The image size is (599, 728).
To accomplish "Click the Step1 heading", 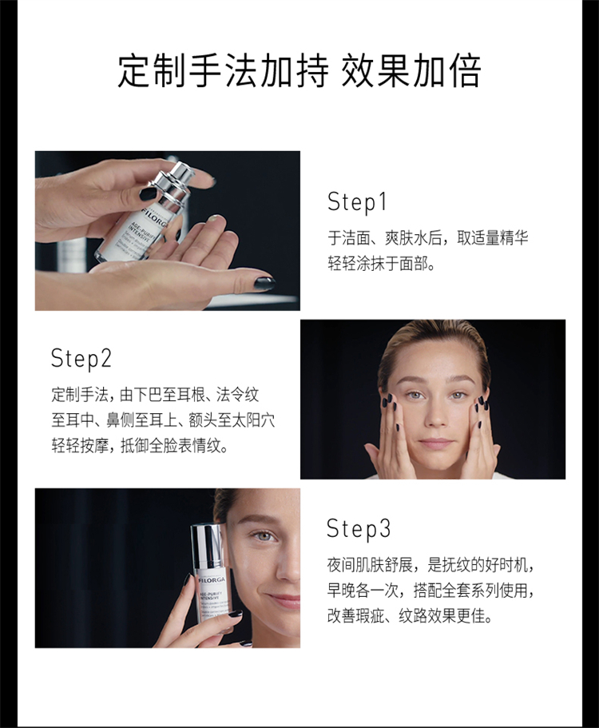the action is coord(357,202).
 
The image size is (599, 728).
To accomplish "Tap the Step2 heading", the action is coord(81,359).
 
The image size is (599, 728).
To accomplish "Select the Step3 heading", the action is coord(358,529).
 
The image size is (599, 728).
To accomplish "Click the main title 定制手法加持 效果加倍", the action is coord(299,71).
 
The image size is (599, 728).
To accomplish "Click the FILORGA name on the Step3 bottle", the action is coord(212,580).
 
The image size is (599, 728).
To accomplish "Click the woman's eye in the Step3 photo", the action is coord(263,536).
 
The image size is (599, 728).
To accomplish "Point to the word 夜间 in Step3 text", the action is coord(341,566).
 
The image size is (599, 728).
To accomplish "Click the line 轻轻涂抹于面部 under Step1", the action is coord(381,265).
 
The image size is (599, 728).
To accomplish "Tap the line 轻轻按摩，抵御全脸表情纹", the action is coord(140,446).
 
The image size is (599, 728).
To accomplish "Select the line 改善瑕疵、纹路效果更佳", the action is coord(410,616).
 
